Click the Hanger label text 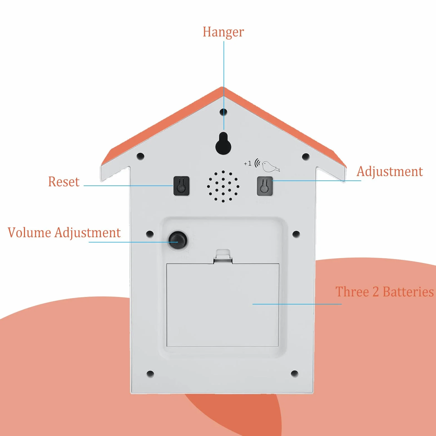[223, 32]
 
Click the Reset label [64, 182]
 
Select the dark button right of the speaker [264, 186]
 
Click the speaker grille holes [223, 186]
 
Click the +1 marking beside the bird [247, 163]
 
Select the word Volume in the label [29, 232]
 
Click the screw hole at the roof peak [223, 112]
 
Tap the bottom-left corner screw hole [150, 374]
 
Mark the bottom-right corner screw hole [294, 374]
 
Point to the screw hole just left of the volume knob [150, 234]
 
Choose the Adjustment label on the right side [390, 172]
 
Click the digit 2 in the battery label [376, 292]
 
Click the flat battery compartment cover [223, 305]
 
